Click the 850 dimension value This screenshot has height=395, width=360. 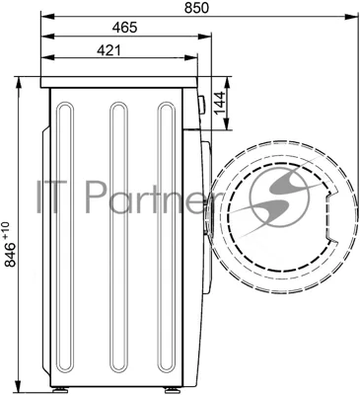tap(196, 8)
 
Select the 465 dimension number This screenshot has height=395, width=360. tap(124, 28)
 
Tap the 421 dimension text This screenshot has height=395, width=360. tap(109, 50)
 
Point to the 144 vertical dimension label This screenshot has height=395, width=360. tap(220, 103)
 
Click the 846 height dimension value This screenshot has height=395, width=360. tap(10, 255)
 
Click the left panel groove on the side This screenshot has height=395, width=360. tap(65, 241)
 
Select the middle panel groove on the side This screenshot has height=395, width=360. tap(118, 241)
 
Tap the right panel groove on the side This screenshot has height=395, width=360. tap(167, 241)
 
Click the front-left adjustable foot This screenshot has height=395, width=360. tap(62, 390)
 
